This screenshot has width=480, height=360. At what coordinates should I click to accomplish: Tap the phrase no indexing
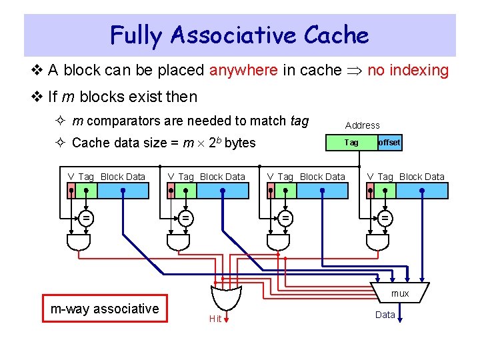click(x=408, y=70)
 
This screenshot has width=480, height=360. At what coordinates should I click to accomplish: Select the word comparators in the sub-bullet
click(x=119, y=121)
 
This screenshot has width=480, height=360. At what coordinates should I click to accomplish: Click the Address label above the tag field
click(x=362, y=125)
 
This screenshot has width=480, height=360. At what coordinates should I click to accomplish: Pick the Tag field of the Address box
click(x=351, y=143)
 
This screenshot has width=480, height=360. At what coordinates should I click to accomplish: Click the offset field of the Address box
click(x=389, y=143)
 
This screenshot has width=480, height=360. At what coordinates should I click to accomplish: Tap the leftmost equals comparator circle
click(x=86, y=217)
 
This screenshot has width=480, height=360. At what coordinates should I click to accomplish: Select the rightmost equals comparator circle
click(x=385, y=217)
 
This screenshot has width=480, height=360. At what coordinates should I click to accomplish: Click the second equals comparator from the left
click(x=186, y=217)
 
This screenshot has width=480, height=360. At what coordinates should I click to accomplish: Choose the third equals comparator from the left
click(x=285, y=217)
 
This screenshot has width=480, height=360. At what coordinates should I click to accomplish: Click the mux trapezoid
click(x=399, y=293)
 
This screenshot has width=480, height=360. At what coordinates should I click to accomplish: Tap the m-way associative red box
click(x=105, y=309)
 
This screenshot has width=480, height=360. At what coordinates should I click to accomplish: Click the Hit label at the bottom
click(x=215, y=319)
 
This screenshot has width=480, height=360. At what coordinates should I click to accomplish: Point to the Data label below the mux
click(x=385, y=315)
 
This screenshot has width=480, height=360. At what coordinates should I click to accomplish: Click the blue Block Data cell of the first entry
click(x=123, y=191)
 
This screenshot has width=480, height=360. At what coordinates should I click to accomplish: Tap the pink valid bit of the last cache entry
click(x=371, y=191)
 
